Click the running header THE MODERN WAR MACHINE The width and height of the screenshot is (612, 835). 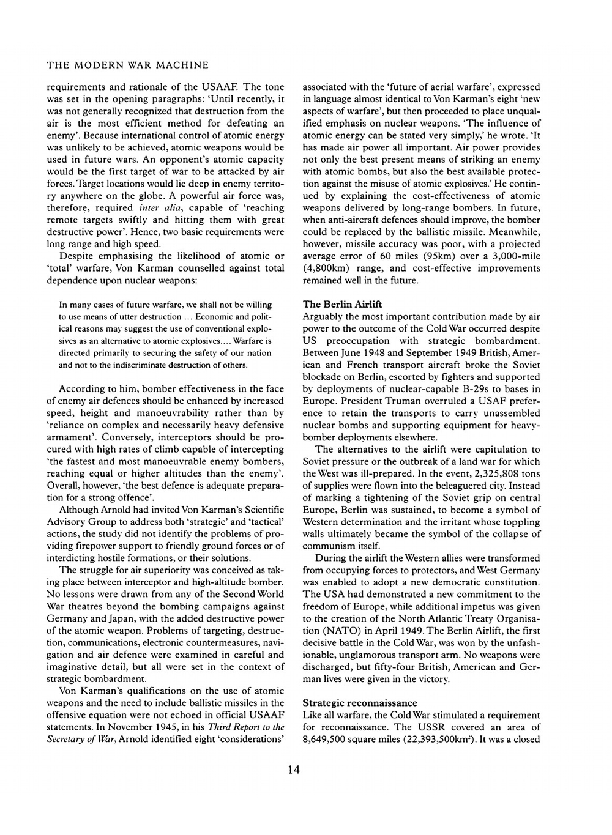[x=128, y=65]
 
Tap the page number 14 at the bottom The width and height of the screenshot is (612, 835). [x=294, y=770]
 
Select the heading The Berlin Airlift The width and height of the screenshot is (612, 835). [x=343, y=304]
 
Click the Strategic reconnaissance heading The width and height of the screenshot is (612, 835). [x=360, y=703]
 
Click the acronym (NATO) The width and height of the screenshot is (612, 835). [x=325, y=631]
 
